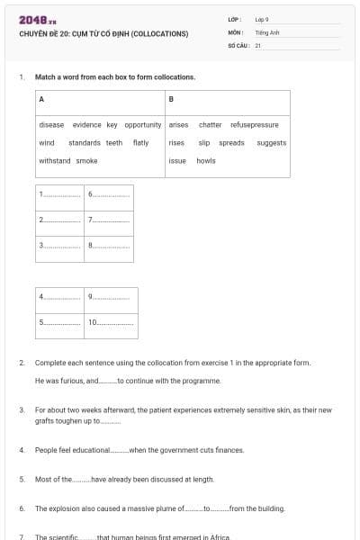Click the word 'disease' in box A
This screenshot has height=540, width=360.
pos(51,125)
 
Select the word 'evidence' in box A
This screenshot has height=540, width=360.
pos(86,125)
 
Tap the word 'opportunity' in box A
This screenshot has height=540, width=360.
pos(142,125)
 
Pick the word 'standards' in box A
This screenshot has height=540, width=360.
pos(84,142)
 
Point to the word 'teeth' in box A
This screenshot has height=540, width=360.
pos(114,142)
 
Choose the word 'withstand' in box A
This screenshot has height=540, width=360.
pos(55,160)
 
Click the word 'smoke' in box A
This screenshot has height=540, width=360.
pos(87,160)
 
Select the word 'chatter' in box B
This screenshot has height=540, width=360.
pos(210,125)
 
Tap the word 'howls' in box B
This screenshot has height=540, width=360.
pos(205,160)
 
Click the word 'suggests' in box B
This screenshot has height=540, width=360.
pos(271,142)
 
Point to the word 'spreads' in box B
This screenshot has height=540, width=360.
pos(231,142)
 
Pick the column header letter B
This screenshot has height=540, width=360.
pos(171,98)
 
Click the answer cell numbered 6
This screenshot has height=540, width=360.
pos(109,194)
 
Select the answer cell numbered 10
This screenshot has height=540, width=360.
pos(112,321)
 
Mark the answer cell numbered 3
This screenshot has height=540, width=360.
pos(59,245)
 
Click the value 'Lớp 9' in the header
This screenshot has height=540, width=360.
pos(262,19)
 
